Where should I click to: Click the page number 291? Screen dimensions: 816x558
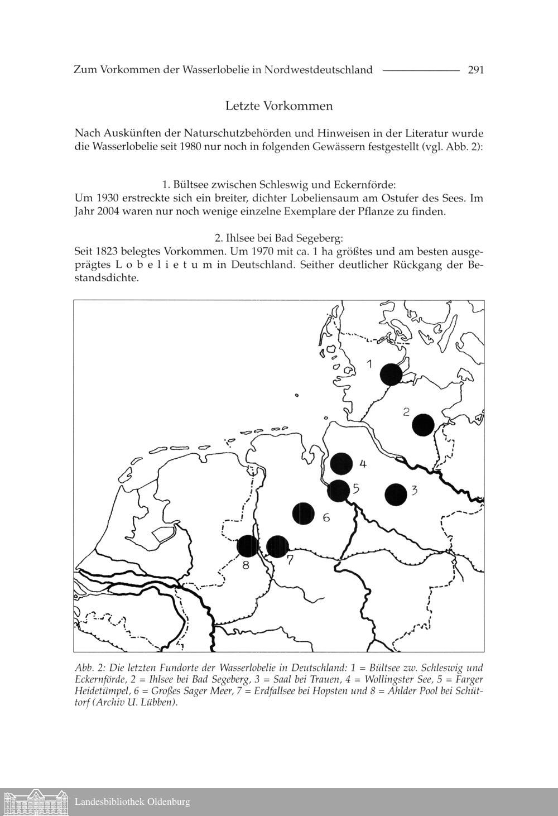(x=475, y=70)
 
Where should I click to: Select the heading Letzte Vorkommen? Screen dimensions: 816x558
(x=279, y=105)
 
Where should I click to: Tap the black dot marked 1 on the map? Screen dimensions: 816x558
(x=391, y=374)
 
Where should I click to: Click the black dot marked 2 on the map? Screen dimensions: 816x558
(x=424, y=425)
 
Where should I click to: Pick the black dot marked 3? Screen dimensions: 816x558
(x=396, y=495)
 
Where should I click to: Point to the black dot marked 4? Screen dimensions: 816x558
(x=341, y=463)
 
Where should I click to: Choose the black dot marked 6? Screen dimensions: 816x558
(x=304, y=513)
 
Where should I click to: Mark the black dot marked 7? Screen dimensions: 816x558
(x=277, y=546)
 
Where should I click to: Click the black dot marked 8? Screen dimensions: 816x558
(x=247, y=546)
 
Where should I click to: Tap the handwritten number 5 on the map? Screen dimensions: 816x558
(x=355, y=488)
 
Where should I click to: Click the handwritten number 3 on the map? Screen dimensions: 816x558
(x=414, y=490)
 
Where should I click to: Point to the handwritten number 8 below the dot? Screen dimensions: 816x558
(x=246, y=567)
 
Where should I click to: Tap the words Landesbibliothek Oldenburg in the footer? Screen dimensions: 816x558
(x=132, y=802)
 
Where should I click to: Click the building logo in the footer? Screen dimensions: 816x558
(x=35, y=802)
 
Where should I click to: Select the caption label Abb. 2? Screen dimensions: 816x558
(x=90, y=668)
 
